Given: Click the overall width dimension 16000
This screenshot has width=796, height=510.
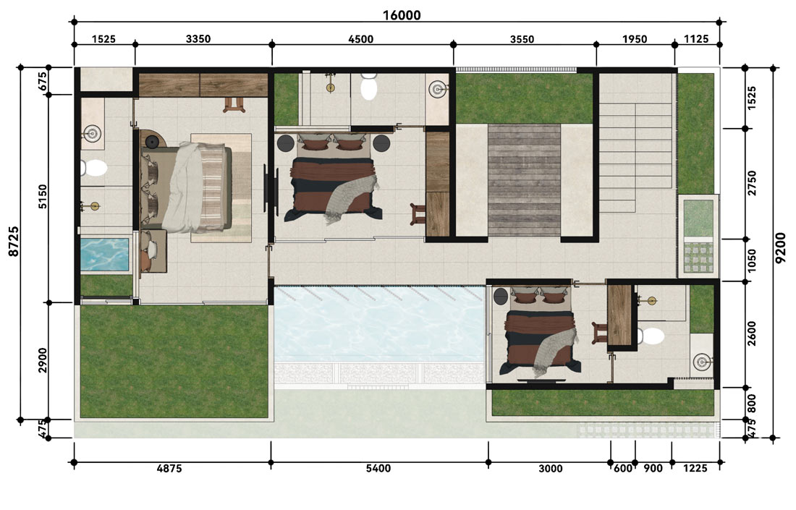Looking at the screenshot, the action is pos(401,15).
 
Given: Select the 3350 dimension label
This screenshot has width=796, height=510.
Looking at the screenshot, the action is pos(198,39).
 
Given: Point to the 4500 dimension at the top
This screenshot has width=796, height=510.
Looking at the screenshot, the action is pos(360,39).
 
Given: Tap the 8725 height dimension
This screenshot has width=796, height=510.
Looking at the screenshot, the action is pos(14,241).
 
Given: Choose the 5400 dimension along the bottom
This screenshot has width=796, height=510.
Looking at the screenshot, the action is pos(378,468).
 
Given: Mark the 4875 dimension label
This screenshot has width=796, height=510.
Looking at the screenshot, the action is pos(169,468).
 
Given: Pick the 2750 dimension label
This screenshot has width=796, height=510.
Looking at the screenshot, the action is pos(752,183).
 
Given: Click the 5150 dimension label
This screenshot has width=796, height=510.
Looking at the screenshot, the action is pos(43,196).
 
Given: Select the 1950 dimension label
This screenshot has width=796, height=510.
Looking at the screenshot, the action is pos(635,39).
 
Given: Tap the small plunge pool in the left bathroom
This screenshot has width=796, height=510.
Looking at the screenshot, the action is pos(105,255).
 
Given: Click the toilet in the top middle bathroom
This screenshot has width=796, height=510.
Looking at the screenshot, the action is pos(369,86).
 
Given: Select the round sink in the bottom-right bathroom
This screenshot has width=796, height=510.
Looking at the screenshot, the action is pos(702,362).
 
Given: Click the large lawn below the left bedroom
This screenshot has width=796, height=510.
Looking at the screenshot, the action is pos(174,361).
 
